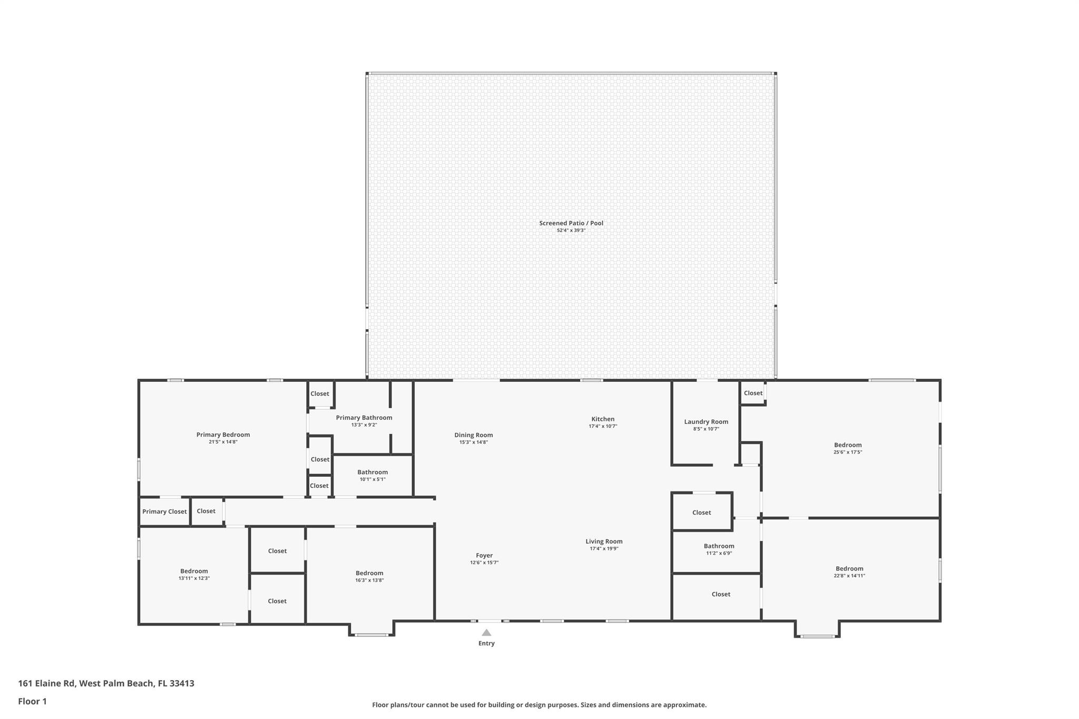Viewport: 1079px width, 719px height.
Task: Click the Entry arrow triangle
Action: [486, 633]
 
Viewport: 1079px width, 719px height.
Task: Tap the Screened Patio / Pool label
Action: [571, 223]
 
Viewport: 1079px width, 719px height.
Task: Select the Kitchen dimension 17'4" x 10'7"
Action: [603, 426]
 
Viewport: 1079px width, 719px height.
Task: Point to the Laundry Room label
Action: [706, 421]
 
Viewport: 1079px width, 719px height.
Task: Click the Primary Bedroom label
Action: [223, 435]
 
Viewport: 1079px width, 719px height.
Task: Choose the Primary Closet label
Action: [164, 511]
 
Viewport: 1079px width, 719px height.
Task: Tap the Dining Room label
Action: [474, 435]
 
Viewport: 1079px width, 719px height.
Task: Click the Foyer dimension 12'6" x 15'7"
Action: [484, 563]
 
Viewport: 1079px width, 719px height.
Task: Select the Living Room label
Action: [604, 541]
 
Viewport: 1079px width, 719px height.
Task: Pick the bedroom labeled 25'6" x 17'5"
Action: [848, 448]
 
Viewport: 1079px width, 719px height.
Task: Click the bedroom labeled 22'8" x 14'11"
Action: [849, 572]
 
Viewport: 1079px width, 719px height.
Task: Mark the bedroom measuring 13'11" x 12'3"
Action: [194, 574]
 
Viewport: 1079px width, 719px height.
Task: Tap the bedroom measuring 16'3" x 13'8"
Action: [369, 576]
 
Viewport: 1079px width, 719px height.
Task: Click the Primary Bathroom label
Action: [364, 418]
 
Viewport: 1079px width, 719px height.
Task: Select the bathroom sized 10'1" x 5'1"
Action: [372, 476]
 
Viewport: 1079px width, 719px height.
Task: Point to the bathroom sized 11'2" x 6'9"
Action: [719, 549]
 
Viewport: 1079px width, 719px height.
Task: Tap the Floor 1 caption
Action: [32, 701]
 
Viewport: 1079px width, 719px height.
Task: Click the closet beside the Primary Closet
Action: [206, 511]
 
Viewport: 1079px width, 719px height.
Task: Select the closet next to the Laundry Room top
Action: [753, 393]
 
